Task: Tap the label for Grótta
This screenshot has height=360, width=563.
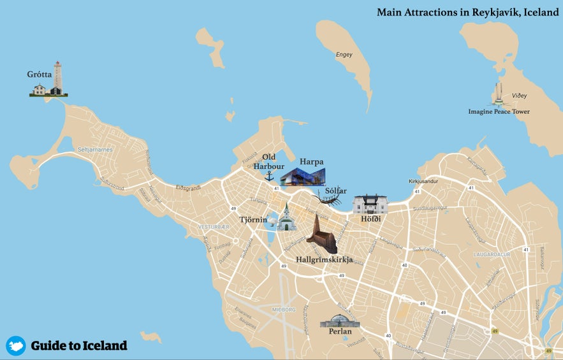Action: click(39, 74)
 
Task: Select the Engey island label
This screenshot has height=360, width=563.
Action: click(344, 55)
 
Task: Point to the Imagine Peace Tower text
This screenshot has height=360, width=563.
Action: click(499, 112)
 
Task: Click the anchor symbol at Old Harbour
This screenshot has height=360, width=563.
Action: click(269, 175)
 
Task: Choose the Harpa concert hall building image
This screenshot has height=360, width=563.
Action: click(303, 176)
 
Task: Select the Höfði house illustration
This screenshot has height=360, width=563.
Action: click(370, 205)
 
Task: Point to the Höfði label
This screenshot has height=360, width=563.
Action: click(370, 219)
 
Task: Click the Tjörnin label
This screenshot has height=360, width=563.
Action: click(253, 220)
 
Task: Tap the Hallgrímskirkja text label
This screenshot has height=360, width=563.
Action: click(325, 259)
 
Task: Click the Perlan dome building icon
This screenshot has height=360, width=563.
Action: click(340, 320)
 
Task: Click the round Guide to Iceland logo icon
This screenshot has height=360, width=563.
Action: click(16, 345)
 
